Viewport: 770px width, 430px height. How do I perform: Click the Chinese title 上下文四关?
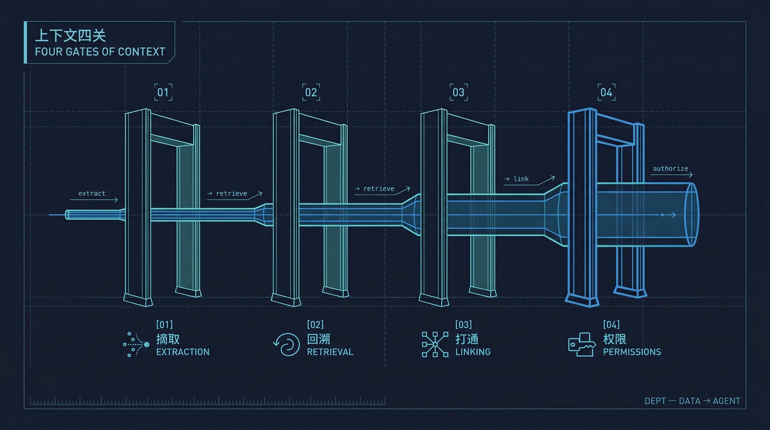[x=71, y=36]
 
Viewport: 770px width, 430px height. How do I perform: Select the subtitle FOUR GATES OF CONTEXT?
[x=100, y=52]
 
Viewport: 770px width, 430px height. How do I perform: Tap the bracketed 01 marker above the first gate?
[x=163, y=92]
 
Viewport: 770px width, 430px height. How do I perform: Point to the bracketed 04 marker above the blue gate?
[x=607, y=92]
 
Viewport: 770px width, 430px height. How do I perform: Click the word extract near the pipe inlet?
[x=92, y=193]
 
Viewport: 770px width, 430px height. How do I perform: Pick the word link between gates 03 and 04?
[x=521, y=179]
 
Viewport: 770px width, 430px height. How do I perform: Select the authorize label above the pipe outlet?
[x=670, y=169]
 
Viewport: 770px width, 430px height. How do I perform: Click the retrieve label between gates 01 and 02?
[x=232, y=193]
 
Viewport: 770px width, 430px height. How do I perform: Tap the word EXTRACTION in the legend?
[x=183, y=352]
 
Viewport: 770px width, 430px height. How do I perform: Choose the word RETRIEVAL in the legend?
[x=330, y=352]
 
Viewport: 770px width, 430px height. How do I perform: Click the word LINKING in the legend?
[x=473, y=352]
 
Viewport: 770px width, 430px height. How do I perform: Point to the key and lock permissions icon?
[x=582, y=345]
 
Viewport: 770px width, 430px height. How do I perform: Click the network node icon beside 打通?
[x=435, y=345]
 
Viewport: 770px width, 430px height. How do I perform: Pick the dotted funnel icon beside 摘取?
[x=136, y=345]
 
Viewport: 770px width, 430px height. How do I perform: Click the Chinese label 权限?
[x=614, y=339]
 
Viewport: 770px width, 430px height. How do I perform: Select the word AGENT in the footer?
[x=727, y=401]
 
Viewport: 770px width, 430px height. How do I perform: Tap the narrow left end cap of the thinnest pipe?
[x=67, y=215]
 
